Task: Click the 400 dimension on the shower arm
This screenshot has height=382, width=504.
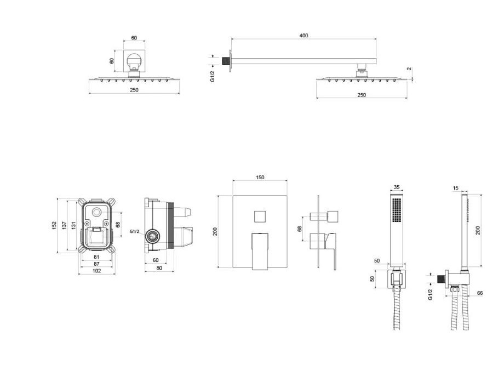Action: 303,36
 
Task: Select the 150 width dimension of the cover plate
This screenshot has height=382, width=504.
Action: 260,177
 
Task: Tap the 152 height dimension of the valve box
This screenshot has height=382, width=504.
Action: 54,225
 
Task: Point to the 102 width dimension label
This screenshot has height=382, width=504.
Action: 96,271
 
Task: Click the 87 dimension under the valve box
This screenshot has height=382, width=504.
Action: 96,264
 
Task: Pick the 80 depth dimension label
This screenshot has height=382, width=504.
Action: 159,268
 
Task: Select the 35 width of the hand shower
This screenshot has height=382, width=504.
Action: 396,187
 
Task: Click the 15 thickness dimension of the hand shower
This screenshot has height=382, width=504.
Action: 455,188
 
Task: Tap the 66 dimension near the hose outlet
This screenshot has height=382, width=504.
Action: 479,293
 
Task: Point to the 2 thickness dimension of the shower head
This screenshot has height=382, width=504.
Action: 409,69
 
